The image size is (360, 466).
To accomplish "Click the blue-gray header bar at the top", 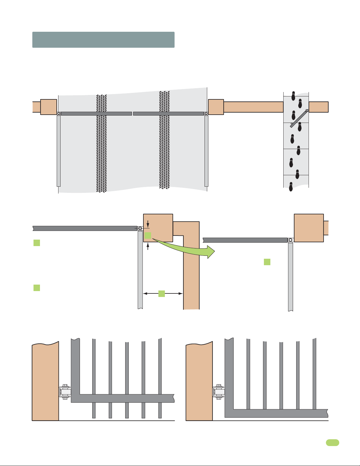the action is click(103, 40).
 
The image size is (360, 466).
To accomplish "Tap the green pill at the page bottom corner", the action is click(332, 442).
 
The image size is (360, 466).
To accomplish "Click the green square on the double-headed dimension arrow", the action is click(161, 293).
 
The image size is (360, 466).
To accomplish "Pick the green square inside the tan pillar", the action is click(148, 235).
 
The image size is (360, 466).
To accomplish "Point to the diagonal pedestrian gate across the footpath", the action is click(299, 118).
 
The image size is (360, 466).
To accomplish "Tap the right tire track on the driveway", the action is click(164, 141).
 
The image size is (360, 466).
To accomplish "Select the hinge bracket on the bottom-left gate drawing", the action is click(65, 392).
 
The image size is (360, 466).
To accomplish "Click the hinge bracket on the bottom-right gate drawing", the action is click(218, 392).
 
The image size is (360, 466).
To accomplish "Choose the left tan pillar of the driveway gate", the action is click(48, 107).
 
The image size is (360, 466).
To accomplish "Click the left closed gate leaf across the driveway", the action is click(96, 113).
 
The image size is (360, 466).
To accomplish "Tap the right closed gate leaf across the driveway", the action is click(168, 113).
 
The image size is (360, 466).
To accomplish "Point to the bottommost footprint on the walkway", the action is click(291, 187).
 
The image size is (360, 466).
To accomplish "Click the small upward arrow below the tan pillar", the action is click(148, 247).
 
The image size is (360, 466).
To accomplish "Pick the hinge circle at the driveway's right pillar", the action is click(206, 113).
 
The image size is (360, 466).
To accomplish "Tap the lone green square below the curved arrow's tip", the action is click(267, 262).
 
